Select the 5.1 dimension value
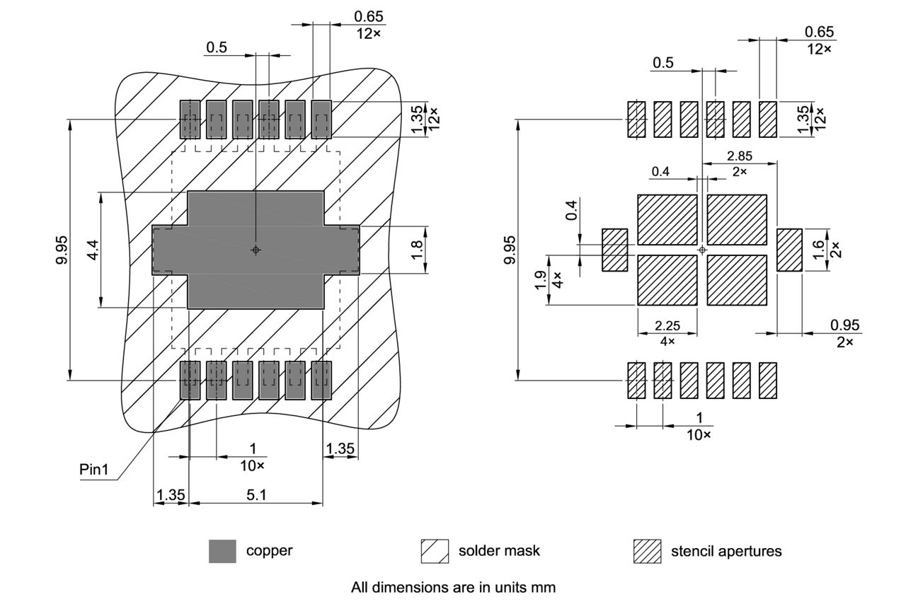coord(256,495)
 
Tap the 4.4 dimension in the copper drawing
coord(92,250)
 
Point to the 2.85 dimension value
coord(740,156)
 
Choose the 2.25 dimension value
coord(667,325)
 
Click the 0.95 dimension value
coord(845,325)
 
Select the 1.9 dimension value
coord(541,281)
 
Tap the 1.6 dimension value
coord(818,249)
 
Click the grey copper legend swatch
coord(222,551)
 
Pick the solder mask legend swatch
coord(435,551)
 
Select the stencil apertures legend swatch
coord(647,551)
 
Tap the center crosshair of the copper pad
coord(256,250)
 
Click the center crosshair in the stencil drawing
coord(701,250)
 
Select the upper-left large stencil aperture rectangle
coord(667,220)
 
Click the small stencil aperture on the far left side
coord(615,250)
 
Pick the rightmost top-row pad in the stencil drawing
coord(768,119)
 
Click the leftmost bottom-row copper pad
coord(190,381)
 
